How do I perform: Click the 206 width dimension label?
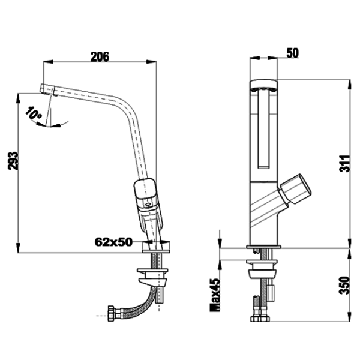[x=100, y=57]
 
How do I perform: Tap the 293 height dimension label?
[x=13, y=161]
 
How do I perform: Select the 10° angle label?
[x=33, y=113]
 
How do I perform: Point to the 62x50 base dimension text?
[x=113, y=242]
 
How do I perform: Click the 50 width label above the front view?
[x=293, y=53]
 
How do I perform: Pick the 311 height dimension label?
[x=345, y=164]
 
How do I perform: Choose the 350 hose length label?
[x=344, y=285]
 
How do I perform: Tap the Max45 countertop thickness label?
[x=215, y=295]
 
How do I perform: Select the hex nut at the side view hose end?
[x=112, y=313]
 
